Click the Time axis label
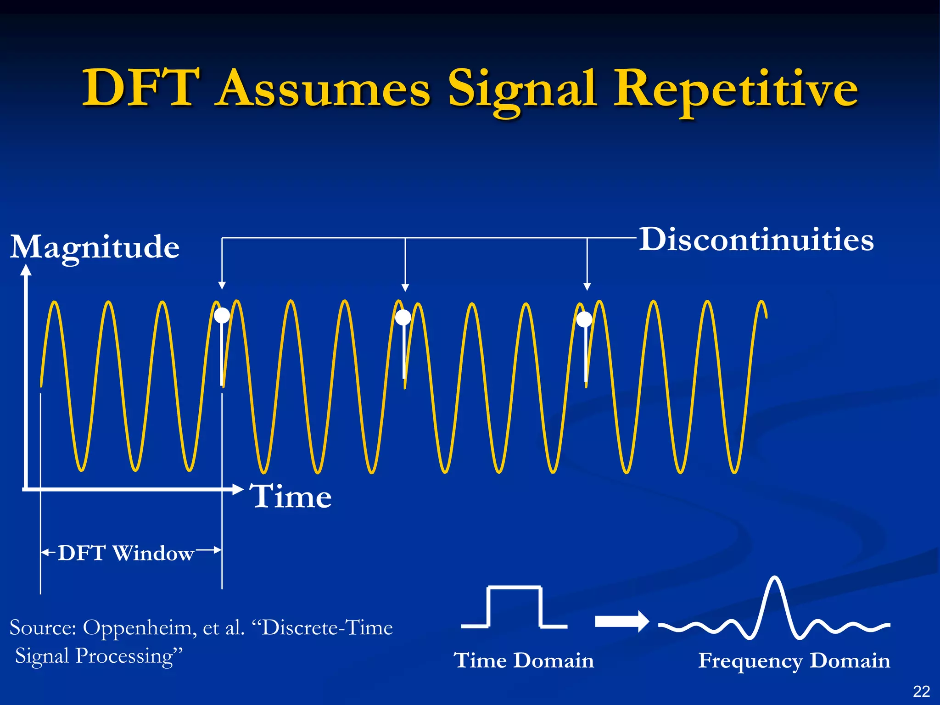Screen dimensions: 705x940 point(291,497)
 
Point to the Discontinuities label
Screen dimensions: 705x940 point(756,240)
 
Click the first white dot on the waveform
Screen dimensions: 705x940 point(222,315)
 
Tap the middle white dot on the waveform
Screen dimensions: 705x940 point(403,317)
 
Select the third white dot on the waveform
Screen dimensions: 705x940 point(584,319)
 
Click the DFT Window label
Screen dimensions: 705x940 point(126,553)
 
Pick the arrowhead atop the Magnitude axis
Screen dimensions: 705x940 point(26,270)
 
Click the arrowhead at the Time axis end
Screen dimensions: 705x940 point(238,489)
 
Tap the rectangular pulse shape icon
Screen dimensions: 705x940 point(515,607)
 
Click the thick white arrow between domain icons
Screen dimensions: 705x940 point(621,621)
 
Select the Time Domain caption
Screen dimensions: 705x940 point(524,660)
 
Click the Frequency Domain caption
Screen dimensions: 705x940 point(794,660)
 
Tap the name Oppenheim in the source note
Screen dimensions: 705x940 point(140,628)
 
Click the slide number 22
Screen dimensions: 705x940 point(921,691)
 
